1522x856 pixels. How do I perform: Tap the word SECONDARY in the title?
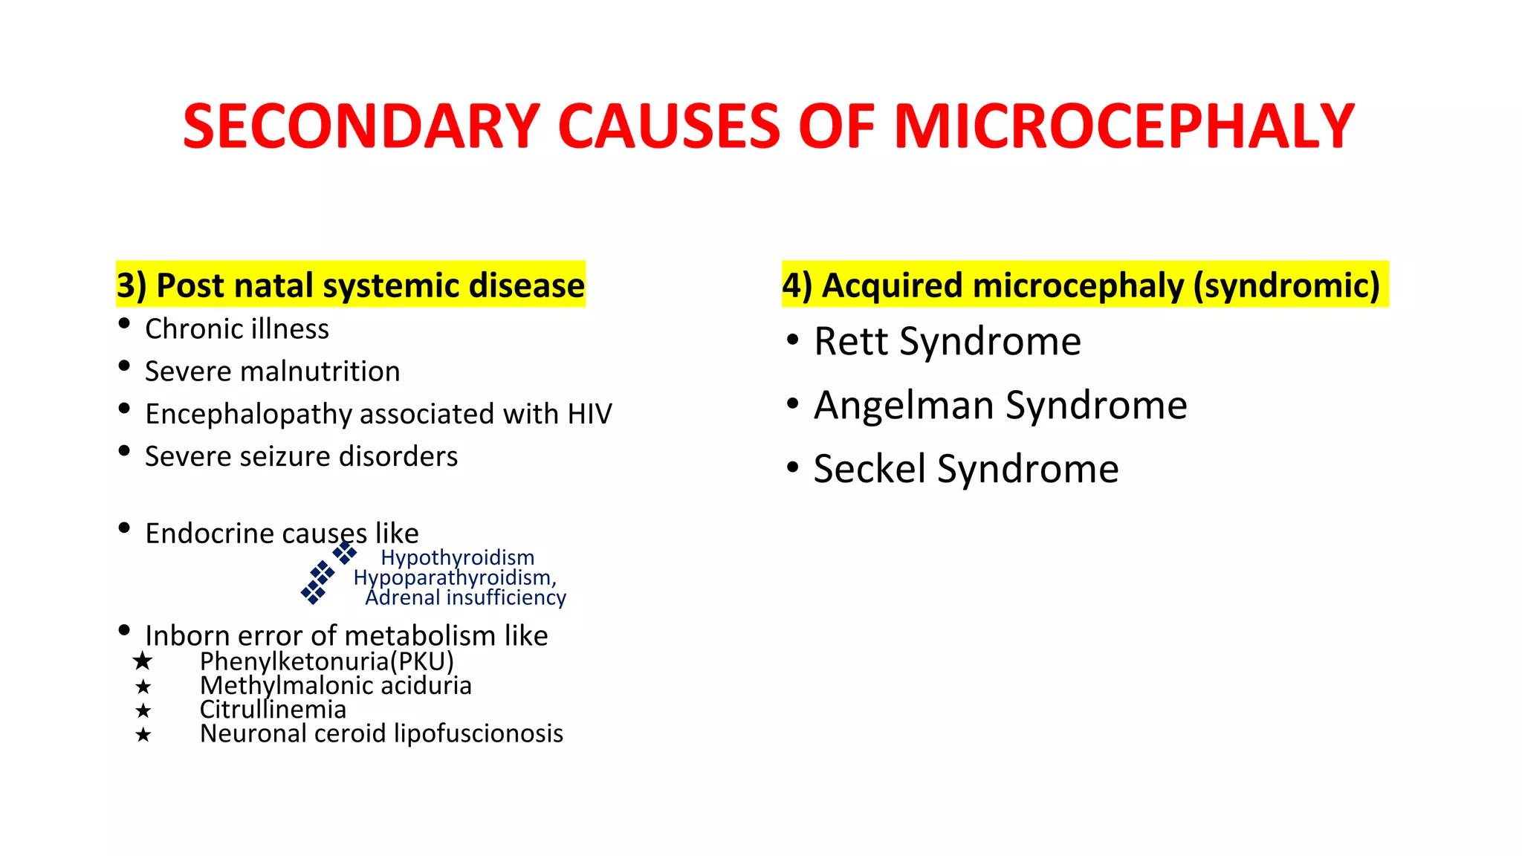(361, 126)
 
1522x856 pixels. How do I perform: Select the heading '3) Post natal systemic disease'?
(350, 285)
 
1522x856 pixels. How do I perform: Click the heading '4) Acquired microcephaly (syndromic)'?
(1081, 285)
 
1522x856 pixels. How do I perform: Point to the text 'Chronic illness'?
(236, 329)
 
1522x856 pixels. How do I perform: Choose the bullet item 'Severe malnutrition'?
(272, 372)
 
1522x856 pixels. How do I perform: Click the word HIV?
(589, 414)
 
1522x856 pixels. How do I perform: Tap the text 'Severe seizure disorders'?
(301, 456)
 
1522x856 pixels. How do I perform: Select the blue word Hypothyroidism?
(457, 557)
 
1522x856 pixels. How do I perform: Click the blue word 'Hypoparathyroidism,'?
(455, 577)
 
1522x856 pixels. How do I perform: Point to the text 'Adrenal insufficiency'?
(465, 597)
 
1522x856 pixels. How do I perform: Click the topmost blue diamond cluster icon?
(344, 553)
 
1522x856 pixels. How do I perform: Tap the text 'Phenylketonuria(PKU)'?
(326, 661)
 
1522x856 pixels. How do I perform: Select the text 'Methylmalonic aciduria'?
(335, 685)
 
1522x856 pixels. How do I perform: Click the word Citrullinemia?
(273, 710)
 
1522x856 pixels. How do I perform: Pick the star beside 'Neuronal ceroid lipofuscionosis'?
(143, 735)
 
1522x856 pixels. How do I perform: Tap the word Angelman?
(904, 406)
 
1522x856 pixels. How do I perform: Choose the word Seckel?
(870, 470)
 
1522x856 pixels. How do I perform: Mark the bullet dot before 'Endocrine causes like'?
(124, 528)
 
